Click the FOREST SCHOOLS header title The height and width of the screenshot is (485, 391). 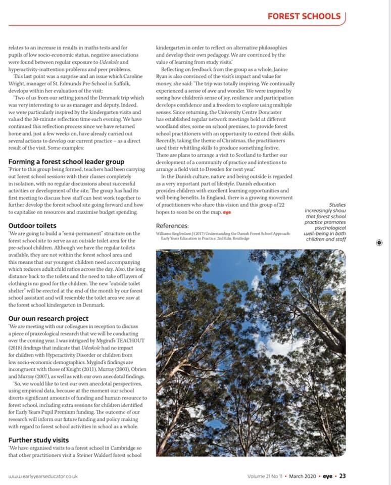[304, 16]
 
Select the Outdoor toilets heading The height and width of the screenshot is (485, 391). [32, 225]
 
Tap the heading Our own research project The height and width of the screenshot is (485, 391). [48, 318]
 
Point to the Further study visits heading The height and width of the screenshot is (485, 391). [38, 440]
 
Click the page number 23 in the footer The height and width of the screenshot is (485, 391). [343, 475]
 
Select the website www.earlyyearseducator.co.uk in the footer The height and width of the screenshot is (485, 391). [43, 476]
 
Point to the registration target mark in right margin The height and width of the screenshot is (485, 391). [379, 243]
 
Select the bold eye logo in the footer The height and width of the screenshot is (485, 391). [328, 475]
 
